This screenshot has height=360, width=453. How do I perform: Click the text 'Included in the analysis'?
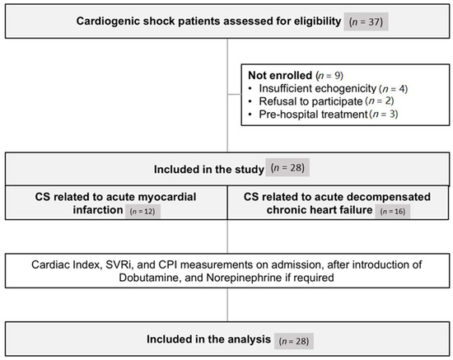[212, 338]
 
